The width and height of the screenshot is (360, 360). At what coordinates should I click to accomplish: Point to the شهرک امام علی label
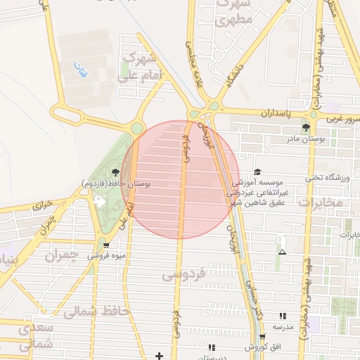[x=141, y=66]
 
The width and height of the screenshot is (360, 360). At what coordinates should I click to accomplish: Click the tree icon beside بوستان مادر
[x=306, y=127]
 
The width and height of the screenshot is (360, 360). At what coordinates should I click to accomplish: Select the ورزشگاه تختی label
[x=328, y=177]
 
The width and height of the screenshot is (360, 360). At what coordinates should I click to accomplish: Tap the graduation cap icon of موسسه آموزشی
[x=257, y=172]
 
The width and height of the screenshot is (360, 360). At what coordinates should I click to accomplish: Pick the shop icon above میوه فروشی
[x=105, y=245]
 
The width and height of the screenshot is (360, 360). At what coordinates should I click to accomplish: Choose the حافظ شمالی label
[x=96, y=311]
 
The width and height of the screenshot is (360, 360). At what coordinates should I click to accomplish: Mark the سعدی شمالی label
[x=35, y=336]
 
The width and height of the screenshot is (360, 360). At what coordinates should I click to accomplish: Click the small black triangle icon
[x=283, y=252]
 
